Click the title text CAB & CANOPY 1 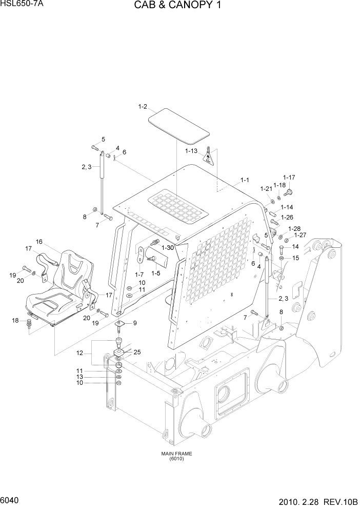(179, 7)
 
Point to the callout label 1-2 (143, 107)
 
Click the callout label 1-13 (191, 151)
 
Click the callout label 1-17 (289, 178)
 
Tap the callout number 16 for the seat (39, 242)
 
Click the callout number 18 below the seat (15, 321)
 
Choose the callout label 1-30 (168, 247)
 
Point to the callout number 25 (136, 351)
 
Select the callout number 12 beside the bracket (79, 353)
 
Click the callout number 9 (134, 323)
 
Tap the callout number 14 (295, 247)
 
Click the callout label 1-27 (300, 235)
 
